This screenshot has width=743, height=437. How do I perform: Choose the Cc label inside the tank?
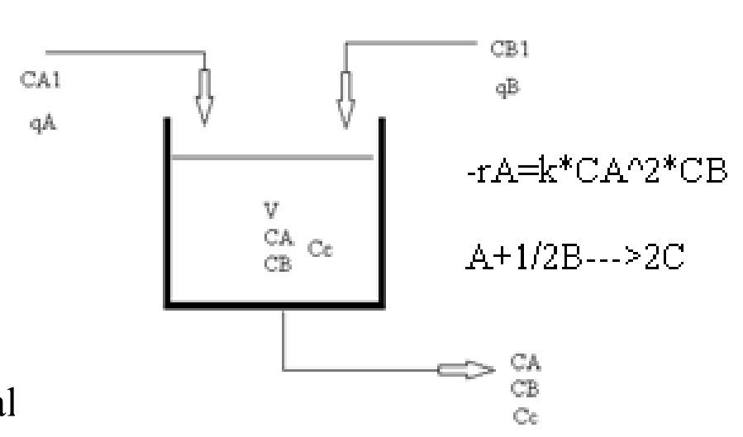pyautogui.click(x=320, y=247)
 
